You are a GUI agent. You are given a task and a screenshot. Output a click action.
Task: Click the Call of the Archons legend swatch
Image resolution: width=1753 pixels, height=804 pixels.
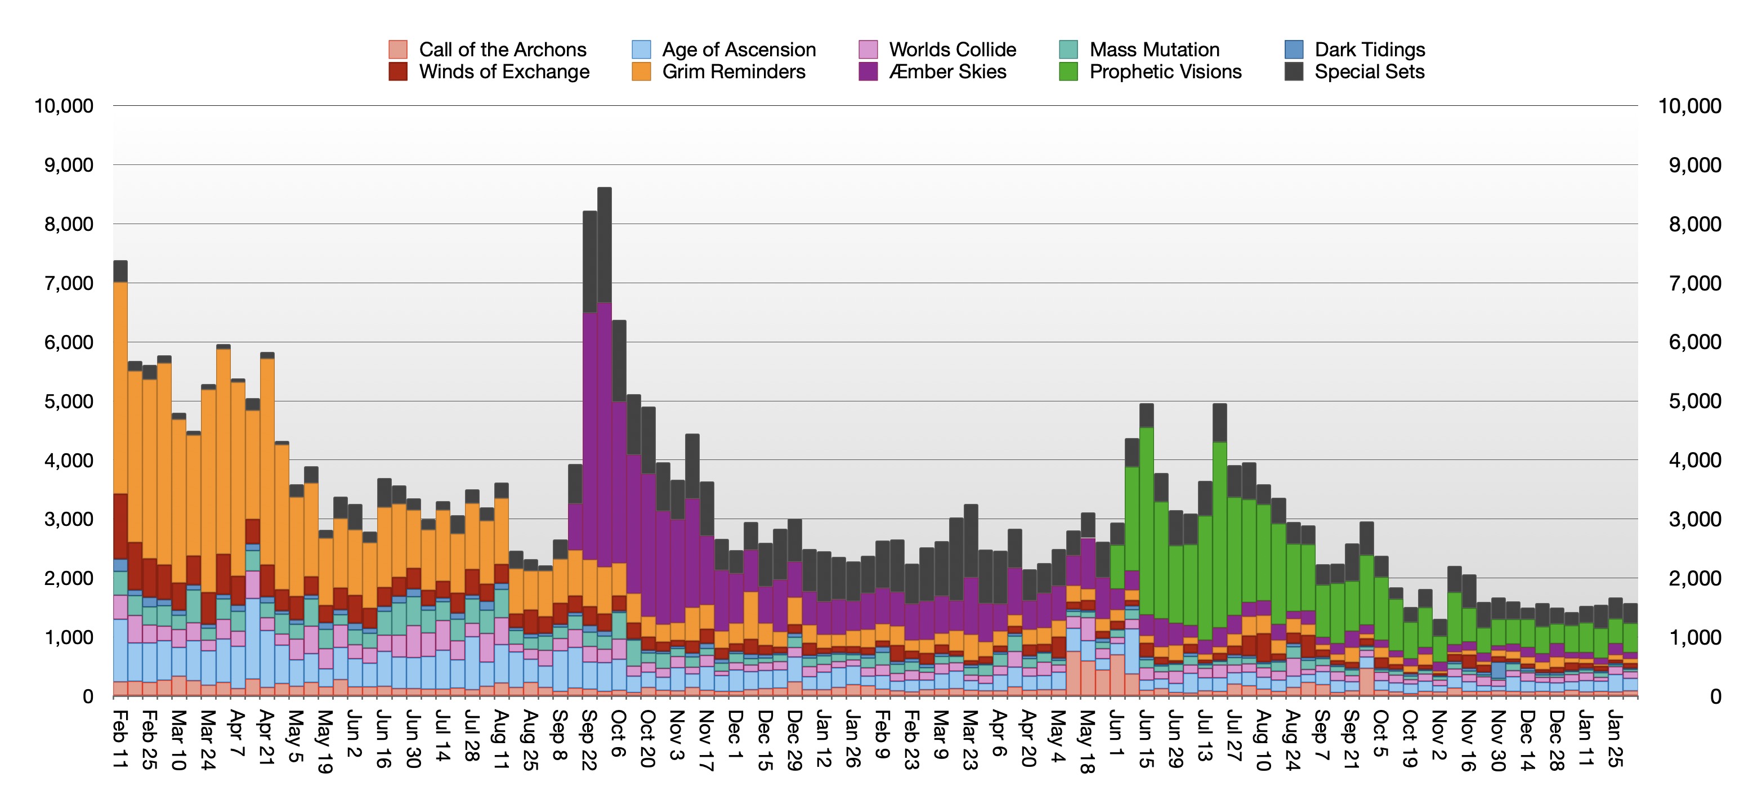pyautogui.click(x=397, y=50)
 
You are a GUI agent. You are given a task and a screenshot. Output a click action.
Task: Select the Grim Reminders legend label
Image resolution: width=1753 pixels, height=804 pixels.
pyautogui.click(x=734, y=72)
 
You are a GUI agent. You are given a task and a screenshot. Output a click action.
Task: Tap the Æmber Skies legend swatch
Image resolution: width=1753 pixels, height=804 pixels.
pyautogui.click(x=867, y=72)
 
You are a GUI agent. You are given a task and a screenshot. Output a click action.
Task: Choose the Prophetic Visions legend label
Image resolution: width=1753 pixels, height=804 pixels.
pyautogui.click(x=1165, y=72)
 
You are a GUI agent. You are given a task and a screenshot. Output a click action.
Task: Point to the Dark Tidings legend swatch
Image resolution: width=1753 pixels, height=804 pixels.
pyautogui.click(x=1294, y=50)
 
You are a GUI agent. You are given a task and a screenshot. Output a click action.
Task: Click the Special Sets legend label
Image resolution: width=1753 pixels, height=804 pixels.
pyautogui.click(x=1369, y=72)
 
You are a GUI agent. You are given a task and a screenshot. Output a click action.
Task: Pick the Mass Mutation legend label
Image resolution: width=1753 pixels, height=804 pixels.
pyautogui.click(x=1154, y=50)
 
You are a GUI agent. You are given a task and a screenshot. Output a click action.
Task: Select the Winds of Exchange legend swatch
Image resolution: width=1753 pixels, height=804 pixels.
pyautogui.click(x=397, y=72)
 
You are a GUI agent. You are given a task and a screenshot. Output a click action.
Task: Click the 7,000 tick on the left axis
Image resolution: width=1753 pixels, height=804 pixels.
pyautogui.click(x=64, y=283)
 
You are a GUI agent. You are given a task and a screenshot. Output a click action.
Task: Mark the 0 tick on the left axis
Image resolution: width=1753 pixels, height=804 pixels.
pyautogui.click(x=88, y=696)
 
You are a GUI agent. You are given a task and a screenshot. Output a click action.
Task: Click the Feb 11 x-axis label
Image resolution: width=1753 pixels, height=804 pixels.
pyautogui.click(x=120, y=739)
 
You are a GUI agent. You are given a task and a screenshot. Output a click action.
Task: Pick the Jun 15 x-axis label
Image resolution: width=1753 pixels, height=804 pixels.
pyautogui.click(x=1146, y=739)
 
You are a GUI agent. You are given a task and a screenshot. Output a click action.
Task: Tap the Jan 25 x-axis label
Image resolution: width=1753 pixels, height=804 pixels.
pyautogui.click(x=1614, y=739)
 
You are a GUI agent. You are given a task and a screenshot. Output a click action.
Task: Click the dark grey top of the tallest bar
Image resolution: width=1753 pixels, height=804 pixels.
pyautogui.click(x=604, y=245)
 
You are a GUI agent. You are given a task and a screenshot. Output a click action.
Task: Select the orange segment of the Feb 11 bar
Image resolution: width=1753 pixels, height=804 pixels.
pyautogui.click(x=120, y=388)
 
